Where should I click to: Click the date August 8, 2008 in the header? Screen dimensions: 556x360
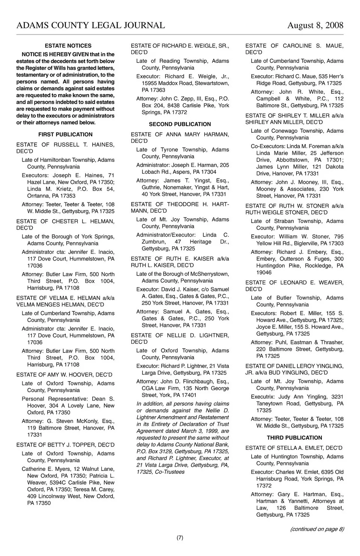click(315, 25)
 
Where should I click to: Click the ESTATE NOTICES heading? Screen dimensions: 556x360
click(68, 46)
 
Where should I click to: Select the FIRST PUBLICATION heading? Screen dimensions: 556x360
click(65, 134)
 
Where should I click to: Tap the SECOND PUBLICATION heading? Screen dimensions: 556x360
click(180, 124)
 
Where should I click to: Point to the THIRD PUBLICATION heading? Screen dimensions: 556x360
click(294, 438)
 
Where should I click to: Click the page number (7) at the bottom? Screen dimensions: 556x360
click(180, 538)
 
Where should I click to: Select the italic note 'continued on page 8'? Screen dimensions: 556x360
click(317, 529)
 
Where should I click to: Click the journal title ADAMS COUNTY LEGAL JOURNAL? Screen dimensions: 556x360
click(91, 25)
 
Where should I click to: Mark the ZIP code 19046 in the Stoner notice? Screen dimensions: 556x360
click(264, 273)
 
